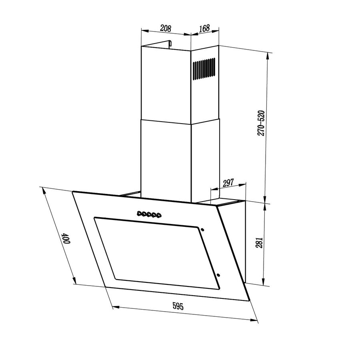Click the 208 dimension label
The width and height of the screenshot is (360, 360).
(x=166, y=28)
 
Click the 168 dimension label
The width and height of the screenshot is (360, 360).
(x=204, y=28)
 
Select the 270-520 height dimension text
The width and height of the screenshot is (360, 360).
(x=261, y=123)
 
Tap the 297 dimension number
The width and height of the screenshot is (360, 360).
(x=228, y=183)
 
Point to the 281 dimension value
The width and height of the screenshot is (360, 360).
(x=259, y=242)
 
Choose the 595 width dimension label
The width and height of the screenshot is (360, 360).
(x=178, y=306)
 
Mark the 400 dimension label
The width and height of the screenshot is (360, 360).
(x=66, y=238)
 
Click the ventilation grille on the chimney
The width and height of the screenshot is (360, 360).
(x=204, y=69)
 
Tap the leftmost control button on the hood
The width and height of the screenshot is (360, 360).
(x=139, y=214)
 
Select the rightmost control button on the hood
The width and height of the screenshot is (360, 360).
(x=158, y=215)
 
